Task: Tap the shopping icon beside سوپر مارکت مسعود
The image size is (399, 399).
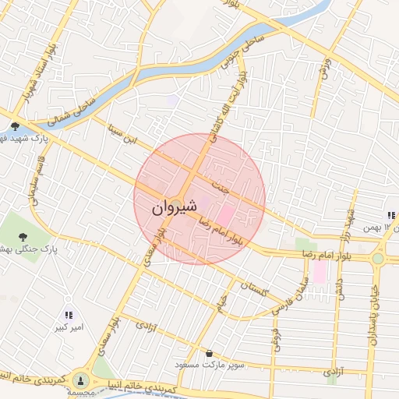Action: click(x=209, y=353)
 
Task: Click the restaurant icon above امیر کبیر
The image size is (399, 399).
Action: click(x=69, y=315)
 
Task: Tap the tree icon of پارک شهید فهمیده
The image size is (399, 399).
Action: click(x=16, y=126)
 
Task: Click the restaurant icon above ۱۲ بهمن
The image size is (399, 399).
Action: click(x=390, y=216)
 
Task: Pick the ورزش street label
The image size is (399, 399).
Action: click(x=325, y=69)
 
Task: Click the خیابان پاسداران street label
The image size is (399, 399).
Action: click(x=375, y=312)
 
